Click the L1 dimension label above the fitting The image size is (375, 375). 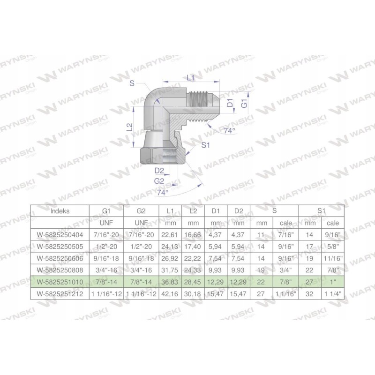[x=191, y=78]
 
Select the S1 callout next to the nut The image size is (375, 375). [x=205, y=146]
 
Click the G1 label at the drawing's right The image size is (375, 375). [x=244, y=105]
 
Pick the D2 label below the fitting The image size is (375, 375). [x=159, y=170]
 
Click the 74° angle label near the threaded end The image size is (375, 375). [x=229, y=131]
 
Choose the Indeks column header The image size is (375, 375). [x=60, y=211]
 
